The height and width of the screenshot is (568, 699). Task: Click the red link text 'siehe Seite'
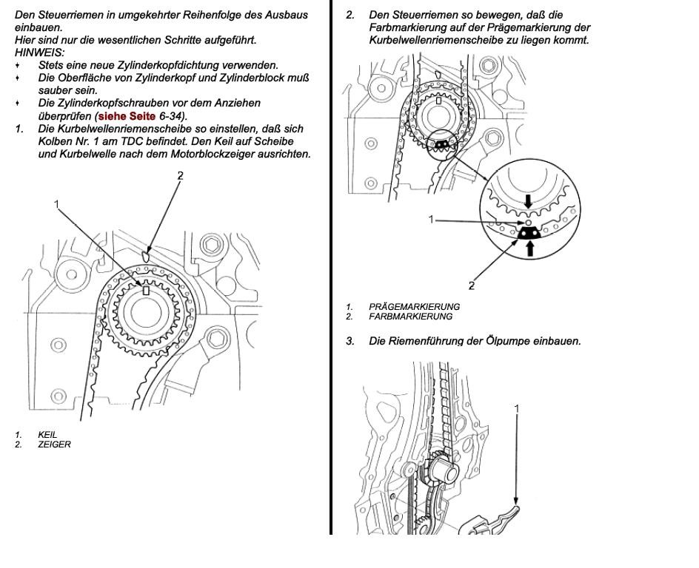pos(127,116)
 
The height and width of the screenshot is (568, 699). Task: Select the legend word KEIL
pos(47,435)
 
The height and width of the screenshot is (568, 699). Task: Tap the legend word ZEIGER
pos(54,444)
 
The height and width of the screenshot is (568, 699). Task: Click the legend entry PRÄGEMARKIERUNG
pos(414,306)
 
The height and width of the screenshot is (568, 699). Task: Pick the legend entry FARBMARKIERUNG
pos(410,317)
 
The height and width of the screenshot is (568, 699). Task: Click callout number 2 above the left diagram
pos(180,175)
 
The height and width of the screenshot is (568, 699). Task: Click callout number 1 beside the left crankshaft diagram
pos(56,203)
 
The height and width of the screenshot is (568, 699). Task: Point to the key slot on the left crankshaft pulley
pos(146,291)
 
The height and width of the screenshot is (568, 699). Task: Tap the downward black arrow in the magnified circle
pos(528,201)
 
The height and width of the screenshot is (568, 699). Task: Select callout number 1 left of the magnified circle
pos(432,219)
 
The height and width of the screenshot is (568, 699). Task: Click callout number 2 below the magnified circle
pos(472,285)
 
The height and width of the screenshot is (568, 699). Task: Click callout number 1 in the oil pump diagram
pos(517,408)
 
